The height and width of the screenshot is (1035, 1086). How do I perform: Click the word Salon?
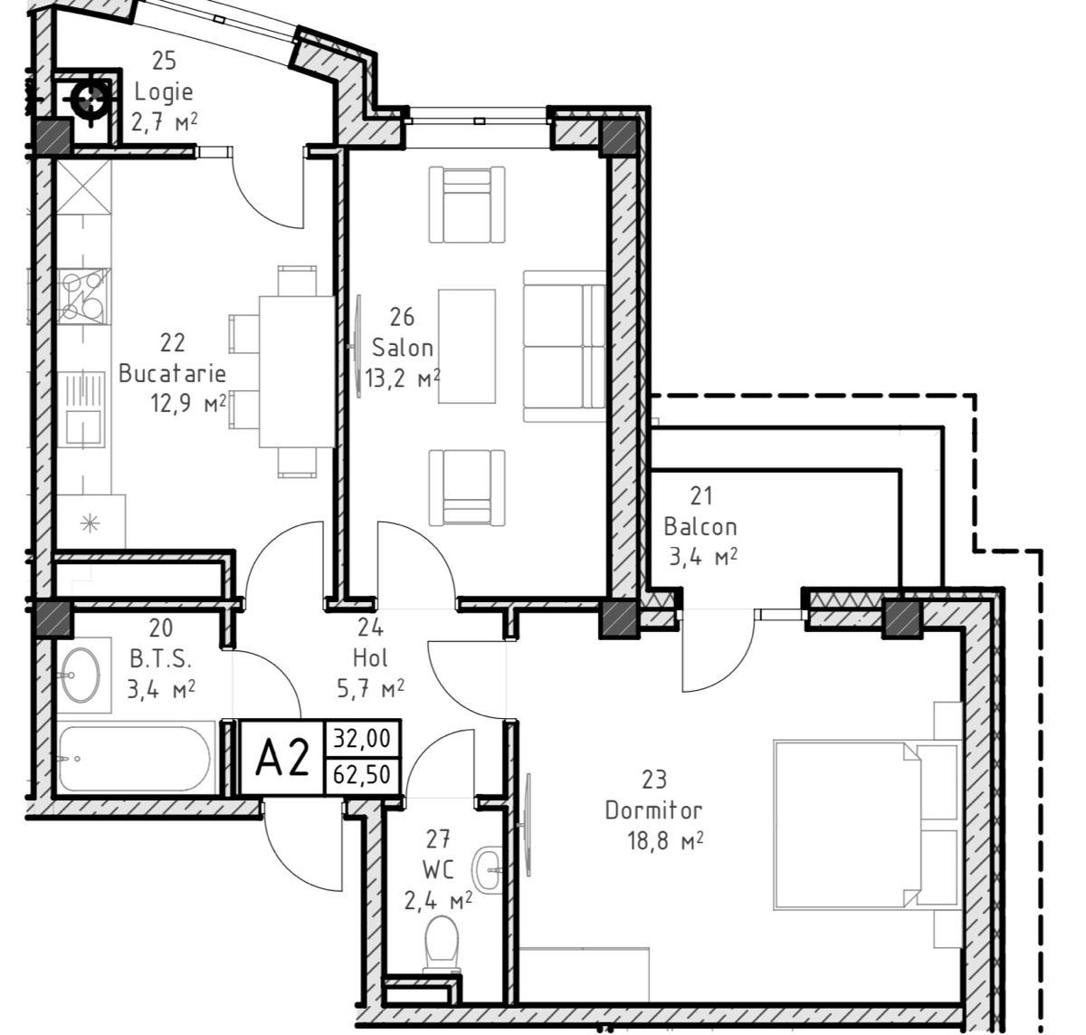(402, 348)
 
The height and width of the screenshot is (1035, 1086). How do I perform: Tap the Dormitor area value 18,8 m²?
(665, 841)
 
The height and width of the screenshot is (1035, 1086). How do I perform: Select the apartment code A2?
(282, 758)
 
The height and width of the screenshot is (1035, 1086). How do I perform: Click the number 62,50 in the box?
(362, 774)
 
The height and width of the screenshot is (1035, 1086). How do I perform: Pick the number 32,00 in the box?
(362, 738)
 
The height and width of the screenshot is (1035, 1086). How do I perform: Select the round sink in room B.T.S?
(81, 676)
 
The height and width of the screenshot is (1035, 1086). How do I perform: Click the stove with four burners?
(84, 296)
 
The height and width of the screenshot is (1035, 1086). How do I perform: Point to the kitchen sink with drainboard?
(84, 409)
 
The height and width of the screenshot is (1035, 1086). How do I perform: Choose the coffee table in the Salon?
(467, 346)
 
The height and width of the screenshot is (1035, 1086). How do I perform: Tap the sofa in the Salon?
(564, 346)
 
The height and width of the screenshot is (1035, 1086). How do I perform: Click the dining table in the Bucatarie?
(297, 371)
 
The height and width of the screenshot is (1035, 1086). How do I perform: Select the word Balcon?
(700, 526)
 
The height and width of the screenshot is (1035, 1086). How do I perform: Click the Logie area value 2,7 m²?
(164, 121)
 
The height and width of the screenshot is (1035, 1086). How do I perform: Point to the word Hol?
(370, 658)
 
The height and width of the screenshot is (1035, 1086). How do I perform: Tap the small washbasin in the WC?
(487, 869)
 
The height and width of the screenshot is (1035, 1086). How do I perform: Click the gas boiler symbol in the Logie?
(90, 100)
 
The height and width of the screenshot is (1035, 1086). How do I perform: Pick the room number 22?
(172, 343)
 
